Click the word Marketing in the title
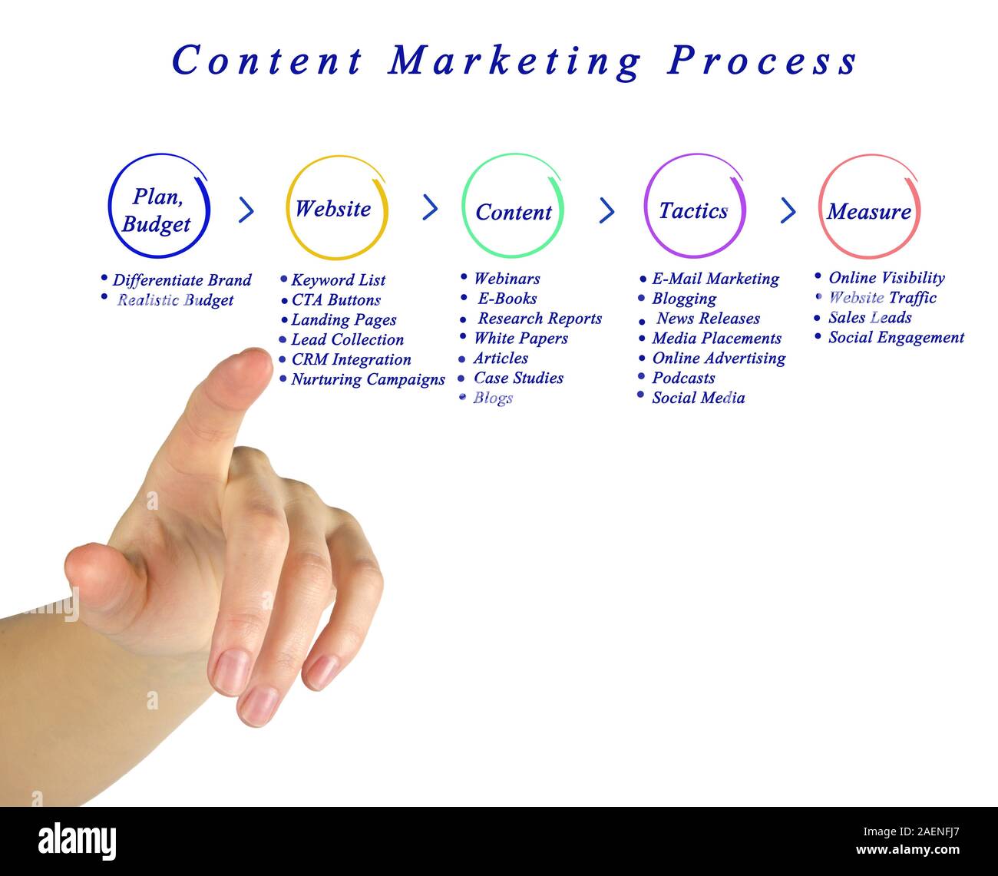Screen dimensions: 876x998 514,61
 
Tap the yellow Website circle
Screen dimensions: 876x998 336,208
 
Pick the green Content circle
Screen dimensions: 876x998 513,207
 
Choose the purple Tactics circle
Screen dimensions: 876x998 694,207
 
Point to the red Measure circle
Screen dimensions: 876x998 869,208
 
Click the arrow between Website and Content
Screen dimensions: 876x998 431,207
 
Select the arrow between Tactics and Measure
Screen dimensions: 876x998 788,210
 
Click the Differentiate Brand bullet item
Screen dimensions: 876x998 182,280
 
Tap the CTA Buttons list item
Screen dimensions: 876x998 336,300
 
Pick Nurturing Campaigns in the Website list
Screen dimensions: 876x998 368,379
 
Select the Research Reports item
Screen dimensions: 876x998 540,319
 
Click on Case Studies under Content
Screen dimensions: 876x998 518,378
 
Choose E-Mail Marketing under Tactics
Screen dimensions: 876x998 715,279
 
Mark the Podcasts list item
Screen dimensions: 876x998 683,378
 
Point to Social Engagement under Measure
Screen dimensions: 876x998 896,337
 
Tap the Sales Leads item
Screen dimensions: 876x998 870,317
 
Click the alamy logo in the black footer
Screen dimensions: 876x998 78,841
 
